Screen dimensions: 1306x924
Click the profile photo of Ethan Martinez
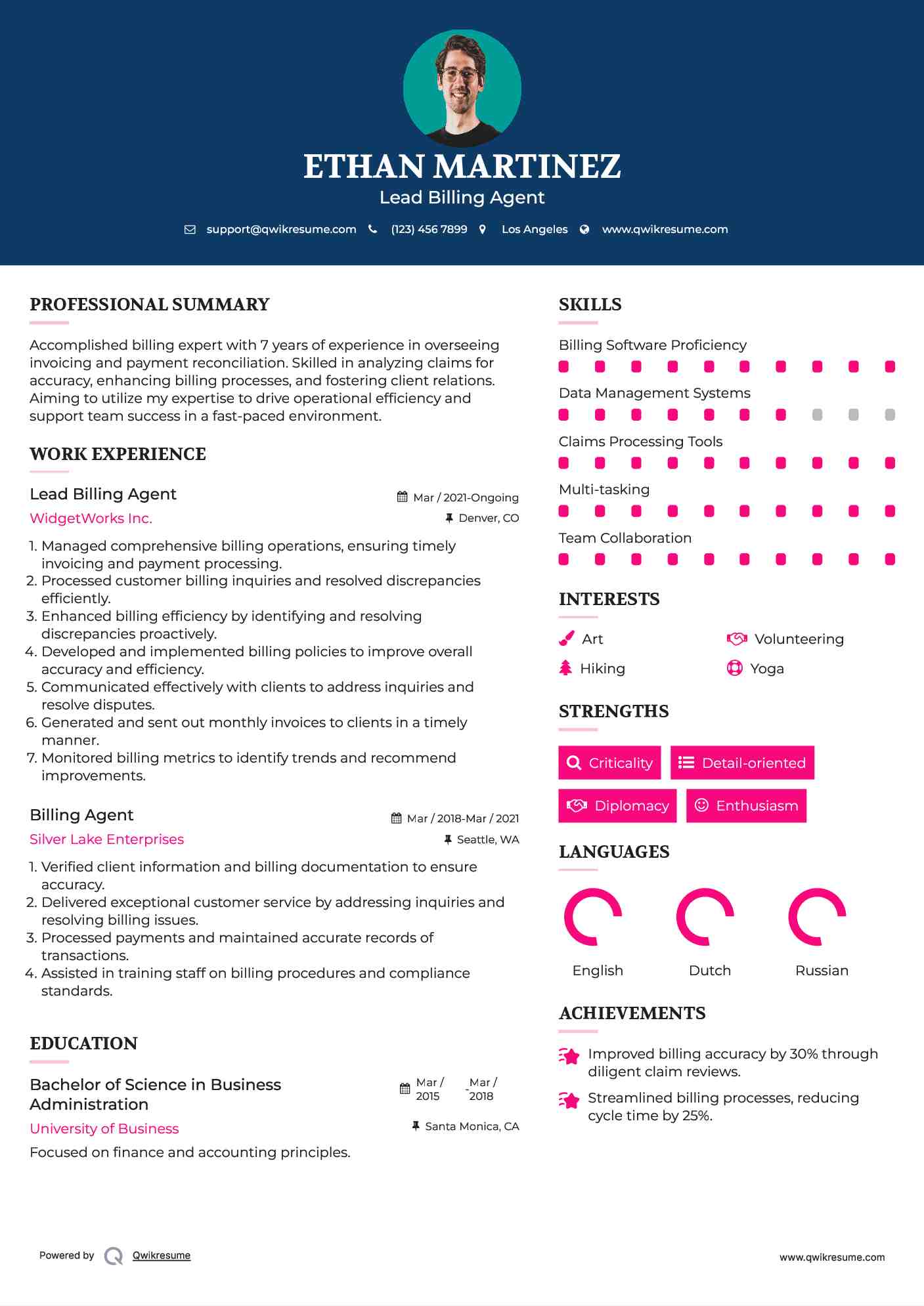click(462, 87)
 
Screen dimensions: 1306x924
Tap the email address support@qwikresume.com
click(280, 229)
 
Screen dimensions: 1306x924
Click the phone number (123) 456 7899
click(428, 229)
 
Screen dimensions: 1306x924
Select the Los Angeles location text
click(534, 229)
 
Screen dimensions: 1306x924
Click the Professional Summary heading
click(149, 305)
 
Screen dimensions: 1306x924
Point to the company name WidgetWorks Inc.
click(91, 518)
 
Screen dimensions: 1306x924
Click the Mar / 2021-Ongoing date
click(465, 497)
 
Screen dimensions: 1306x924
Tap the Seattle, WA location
click(487, 839)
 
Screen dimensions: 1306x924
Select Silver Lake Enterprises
click(106, 839)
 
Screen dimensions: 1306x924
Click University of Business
click(104, 1129)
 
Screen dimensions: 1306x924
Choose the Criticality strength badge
click(609, 763)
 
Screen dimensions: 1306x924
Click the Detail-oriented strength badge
click(742, 763)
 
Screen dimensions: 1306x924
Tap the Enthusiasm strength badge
click(746, 805)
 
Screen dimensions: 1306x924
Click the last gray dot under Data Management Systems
click(890, 415)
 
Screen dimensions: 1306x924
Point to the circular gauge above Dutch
click(705, 917)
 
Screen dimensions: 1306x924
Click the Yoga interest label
click(766, 669)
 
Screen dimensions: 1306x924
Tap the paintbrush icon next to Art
click(566, 639)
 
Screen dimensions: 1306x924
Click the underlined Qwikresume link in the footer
click(161, 1255)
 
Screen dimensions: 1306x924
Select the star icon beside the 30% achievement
click(569, 1056)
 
